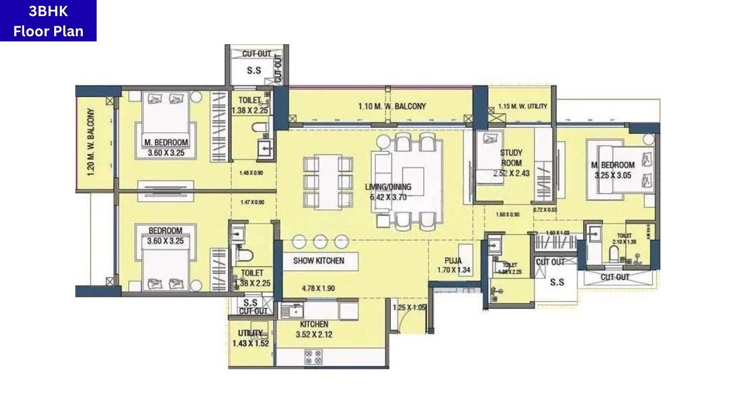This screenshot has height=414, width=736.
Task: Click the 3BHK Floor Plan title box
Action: click(x=48, y=21)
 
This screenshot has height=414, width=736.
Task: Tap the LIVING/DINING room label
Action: click(x=388, y=187)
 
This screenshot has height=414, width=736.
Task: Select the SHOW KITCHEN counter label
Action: click(x=319, y=260)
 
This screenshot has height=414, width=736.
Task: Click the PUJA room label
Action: click(x=454, y=260)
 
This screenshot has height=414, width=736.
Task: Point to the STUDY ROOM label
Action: click(x=511, y=158)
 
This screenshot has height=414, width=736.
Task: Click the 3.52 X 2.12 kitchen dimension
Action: click(x=314, y=334)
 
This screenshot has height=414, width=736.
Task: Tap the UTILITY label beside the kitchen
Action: click(x=250, y=333)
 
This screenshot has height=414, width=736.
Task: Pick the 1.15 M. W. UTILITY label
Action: click(x=522, y=106)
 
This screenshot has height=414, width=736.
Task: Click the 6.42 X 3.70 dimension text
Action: click(x=388, y=197)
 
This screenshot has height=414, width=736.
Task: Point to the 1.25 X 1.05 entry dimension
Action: click(x=409, y=308)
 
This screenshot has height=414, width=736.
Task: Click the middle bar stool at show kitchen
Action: click(x=320, y=241)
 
